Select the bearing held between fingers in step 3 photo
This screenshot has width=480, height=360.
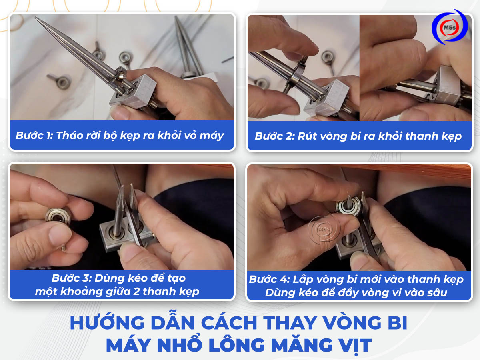[x=58, y=216]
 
